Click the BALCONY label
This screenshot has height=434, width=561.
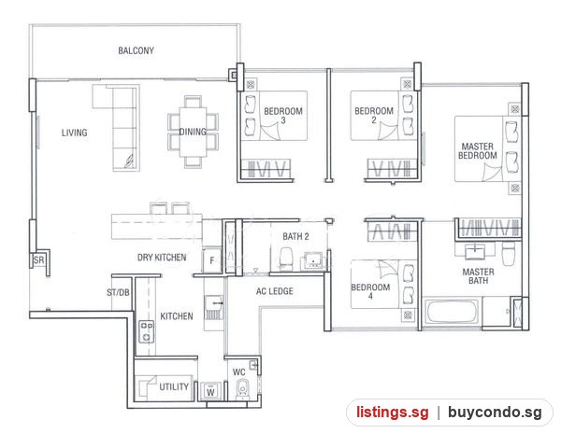click(136, 50)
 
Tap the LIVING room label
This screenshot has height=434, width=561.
click(75, 133)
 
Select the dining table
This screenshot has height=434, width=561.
click(193, 132)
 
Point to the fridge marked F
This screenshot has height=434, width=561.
click(212, 260)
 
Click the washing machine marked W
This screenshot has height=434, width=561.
click(210, 391)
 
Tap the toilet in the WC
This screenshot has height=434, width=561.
click(243, 389)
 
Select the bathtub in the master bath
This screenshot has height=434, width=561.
click(452, 312)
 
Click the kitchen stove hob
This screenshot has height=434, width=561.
click(147, 331)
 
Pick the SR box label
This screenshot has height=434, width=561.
click(38, 260)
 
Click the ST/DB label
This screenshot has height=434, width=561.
click(118, 292)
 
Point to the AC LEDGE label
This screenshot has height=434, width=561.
click(275, 291)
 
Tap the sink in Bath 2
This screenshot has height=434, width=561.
click(313, 260)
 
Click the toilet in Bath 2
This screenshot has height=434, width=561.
click(286, 258)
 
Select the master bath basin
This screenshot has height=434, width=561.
click(475, 251)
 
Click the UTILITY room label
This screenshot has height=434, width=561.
click(174, 386)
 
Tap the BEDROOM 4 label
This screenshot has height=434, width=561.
click(370, 291)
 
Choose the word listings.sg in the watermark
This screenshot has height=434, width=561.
click(392, 413)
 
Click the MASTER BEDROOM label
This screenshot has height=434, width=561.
click(478, 151)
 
